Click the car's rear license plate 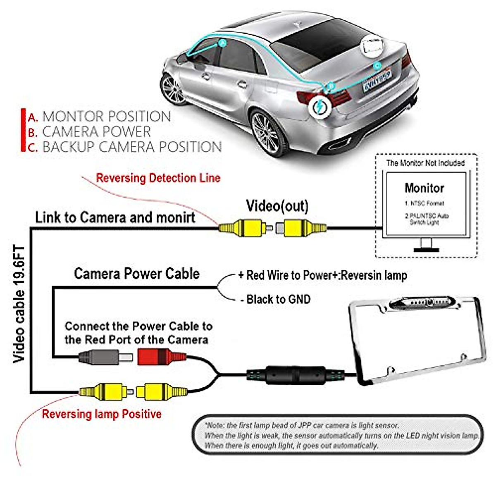point(377,81)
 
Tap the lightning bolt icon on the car point(320,107)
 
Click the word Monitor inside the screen point(424,188)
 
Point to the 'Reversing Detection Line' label point(158,178)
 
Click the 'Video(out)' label point(277,206)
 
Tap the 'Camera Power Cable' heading point(136,274)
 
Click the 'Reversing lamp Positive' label point(102,414)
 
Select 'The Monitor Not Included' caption point(425,163)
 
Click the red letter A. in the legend point(33,117)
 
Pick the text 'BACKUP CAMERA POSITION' point(132,147)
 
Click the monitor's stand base point(426,249)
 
